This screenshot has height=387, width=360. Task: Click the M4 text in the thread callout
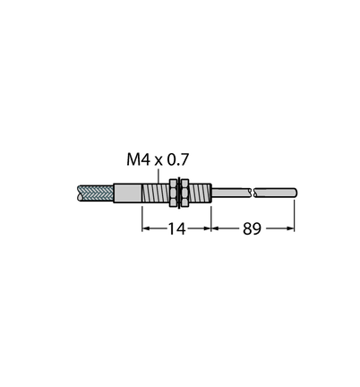[138, 159]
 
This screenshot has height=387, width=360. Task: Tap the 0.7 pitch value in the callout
[178, 159]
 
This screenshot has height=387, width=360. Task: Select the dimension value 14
[176, 228]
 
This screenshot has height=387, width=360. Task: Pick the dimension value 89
[252, 228]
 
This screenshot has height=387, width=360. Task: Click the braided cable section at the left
[95, 193]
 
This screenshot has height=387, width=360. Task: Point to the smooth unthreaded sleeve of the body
[127, 193]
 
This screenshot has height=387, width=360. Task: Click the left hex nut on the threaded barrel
[173, 193]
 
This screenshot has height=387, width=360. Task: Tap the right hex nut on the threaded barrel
[185, 193]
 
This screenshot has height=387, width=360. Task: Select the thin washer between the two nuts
[179, 193]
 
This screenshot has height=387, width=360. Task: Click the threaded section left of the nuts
[156, 193]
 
